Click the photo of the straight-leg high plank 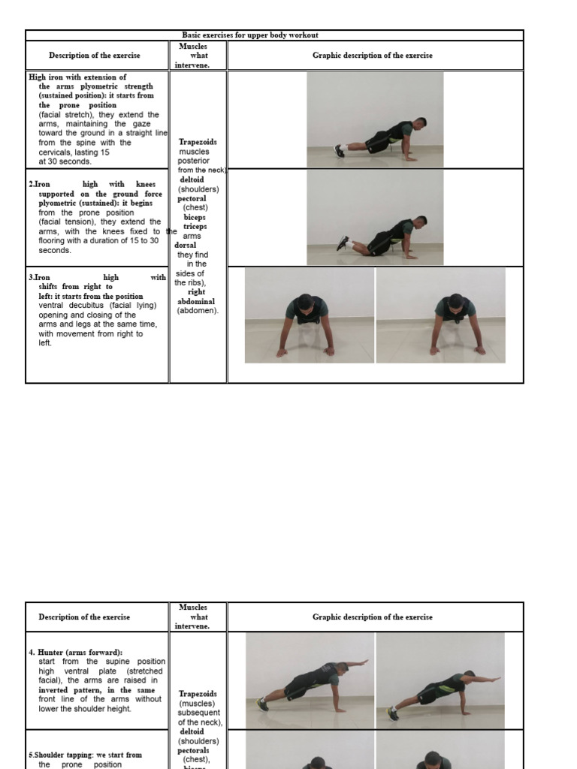click(x=375, y=119)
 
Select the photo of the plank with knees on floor click(x=375, y=217)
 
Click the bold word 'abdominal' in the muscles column click(x=196, y=301)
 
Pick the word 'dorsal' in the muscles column click(x=186, y=245)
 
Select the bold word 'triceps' click(x=195, y=226)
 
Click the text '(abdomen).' click(x=198, y=310)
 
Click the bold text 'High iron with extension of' click(x=77, y=77)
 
